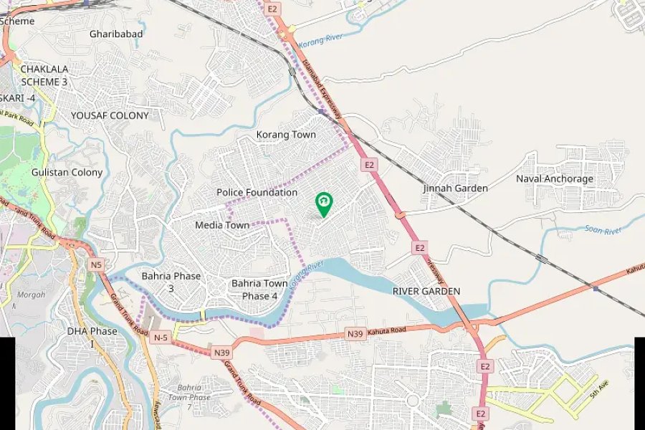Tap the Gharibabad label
[116, 34]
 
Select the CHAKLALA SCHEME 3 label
[44, 75]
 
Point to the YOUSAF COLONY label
[110, 115]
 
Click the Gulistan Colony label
[67, 173]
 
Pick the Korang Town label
[286, 135]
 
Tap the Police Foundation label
[257, 193]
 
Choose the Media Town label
[222, 225]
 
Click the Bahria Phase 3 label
[171, 282]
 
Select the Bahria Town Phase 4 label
[259, 290]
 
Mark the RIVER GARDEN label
[426, 292]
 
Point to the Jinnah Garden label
[455, 188]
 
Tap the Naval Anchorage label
[555, 179]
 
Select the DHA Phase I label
[92, 337]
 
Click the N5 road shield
[96, 265]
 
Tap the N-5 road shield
[161, 338]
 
